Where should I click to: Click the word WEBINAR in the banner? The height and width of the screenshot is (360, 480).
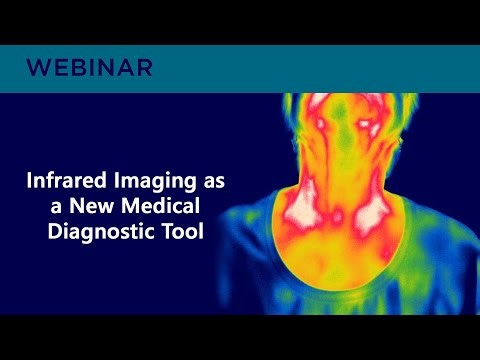(x=90, y=69)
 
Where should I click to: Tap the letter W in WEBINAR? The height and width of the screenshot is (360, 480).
(x=38, y=69)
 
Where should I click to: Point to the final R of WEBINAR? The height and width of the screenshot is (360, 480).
(x=145, y=69)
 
